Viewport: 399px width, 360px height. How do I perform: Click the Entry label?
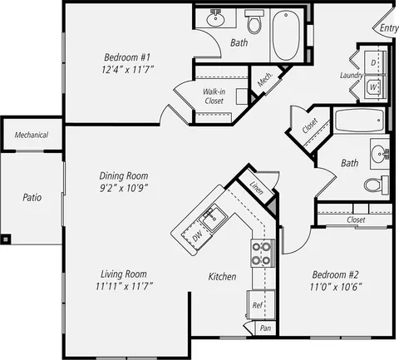click(x=389, y=28)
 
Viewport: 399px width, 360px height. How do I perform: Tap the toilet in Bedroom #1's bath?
click(x=254, y=22)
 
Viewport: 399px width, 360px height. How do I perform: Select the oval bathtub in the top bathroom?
click(x=287, y=35)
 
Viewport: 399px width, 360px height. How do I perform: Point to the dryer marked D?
click(x=373, y=62)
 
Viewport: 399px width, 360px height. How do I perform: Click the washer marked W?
click(x=373, y=87)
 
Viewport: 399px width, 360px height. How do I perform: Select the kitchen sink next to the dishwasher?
click(x=212, y=218)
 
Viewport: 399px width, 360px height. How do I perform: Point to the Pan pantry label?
click(x=265, y=328)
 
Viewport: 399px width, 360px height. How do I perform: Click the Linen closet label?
click(x=256, y=188)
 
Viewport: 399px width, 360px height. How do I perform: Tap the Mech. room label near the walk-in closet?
click(x=265, y=79)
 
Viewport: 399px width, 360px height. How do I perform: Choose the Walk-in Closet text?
click(x=214, y=96)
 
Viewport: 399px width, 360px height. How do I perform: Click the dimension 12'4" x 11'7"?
click(x=127, y=69)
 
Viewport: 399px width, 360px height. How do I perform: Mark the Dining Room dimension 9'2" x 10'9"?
click(x=123, y=188)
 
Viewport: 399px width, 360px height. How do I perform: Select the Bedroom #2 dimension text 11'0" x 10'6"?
click(x=336, y=287)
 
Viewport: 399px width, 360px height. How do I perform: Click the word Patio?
click(x=32, y=198)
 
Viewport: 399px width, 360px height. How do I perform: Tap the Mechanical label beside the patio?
click(x=32, y=135)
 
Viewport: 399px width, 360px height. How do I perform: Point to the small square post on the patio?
click(x=6, y=239)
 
